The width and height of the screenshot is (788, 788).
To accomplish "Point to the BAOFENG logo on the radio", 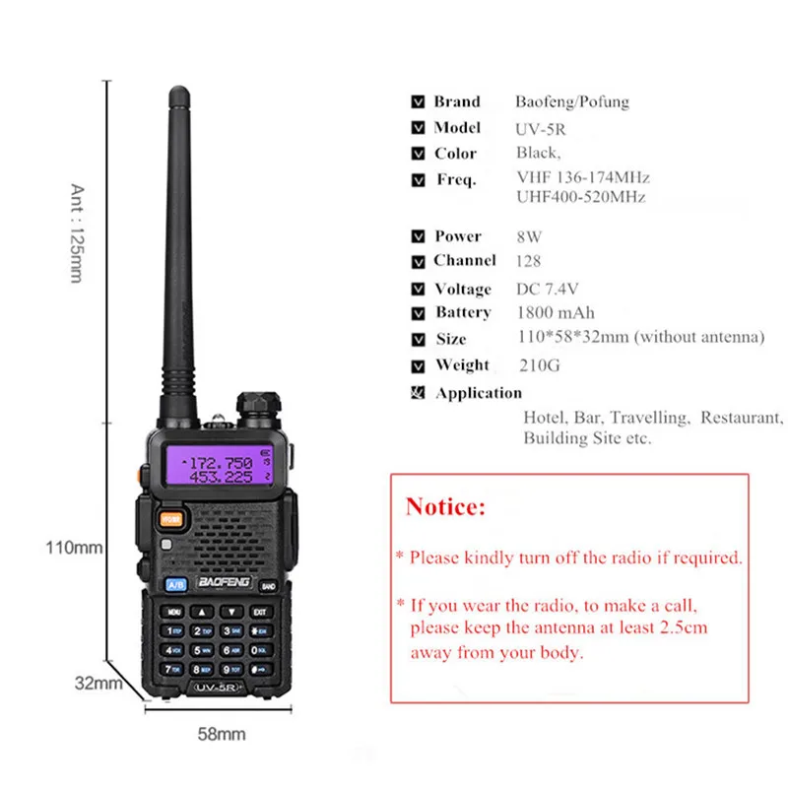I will (x=225, y=582).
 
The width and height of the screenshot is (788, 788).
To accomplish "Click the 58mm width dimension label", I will (x=222, y=734).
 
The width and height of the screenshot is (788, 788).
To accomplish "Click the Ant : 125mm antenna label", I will (x=78, y=233).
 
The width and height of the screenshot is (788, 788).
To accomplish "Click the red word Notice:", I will (x=445, y=507).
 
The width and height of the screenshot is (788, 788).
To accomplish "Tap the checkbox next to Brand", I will (x=417, y=101).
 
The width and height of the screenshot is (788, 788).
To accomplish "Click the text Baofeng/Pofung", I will (x=571, y=101).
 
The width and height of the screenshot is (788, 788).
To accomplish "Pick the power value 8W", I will (x=529, y=236).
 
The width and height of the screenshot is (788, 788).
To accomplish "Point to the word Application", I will (x=479, y=393).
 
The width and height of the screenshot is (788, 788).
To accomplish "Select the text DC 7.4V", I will (x=548, y=289).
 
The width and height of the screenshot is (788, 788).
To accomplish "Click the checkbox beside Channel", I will (x=417, y=262).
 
